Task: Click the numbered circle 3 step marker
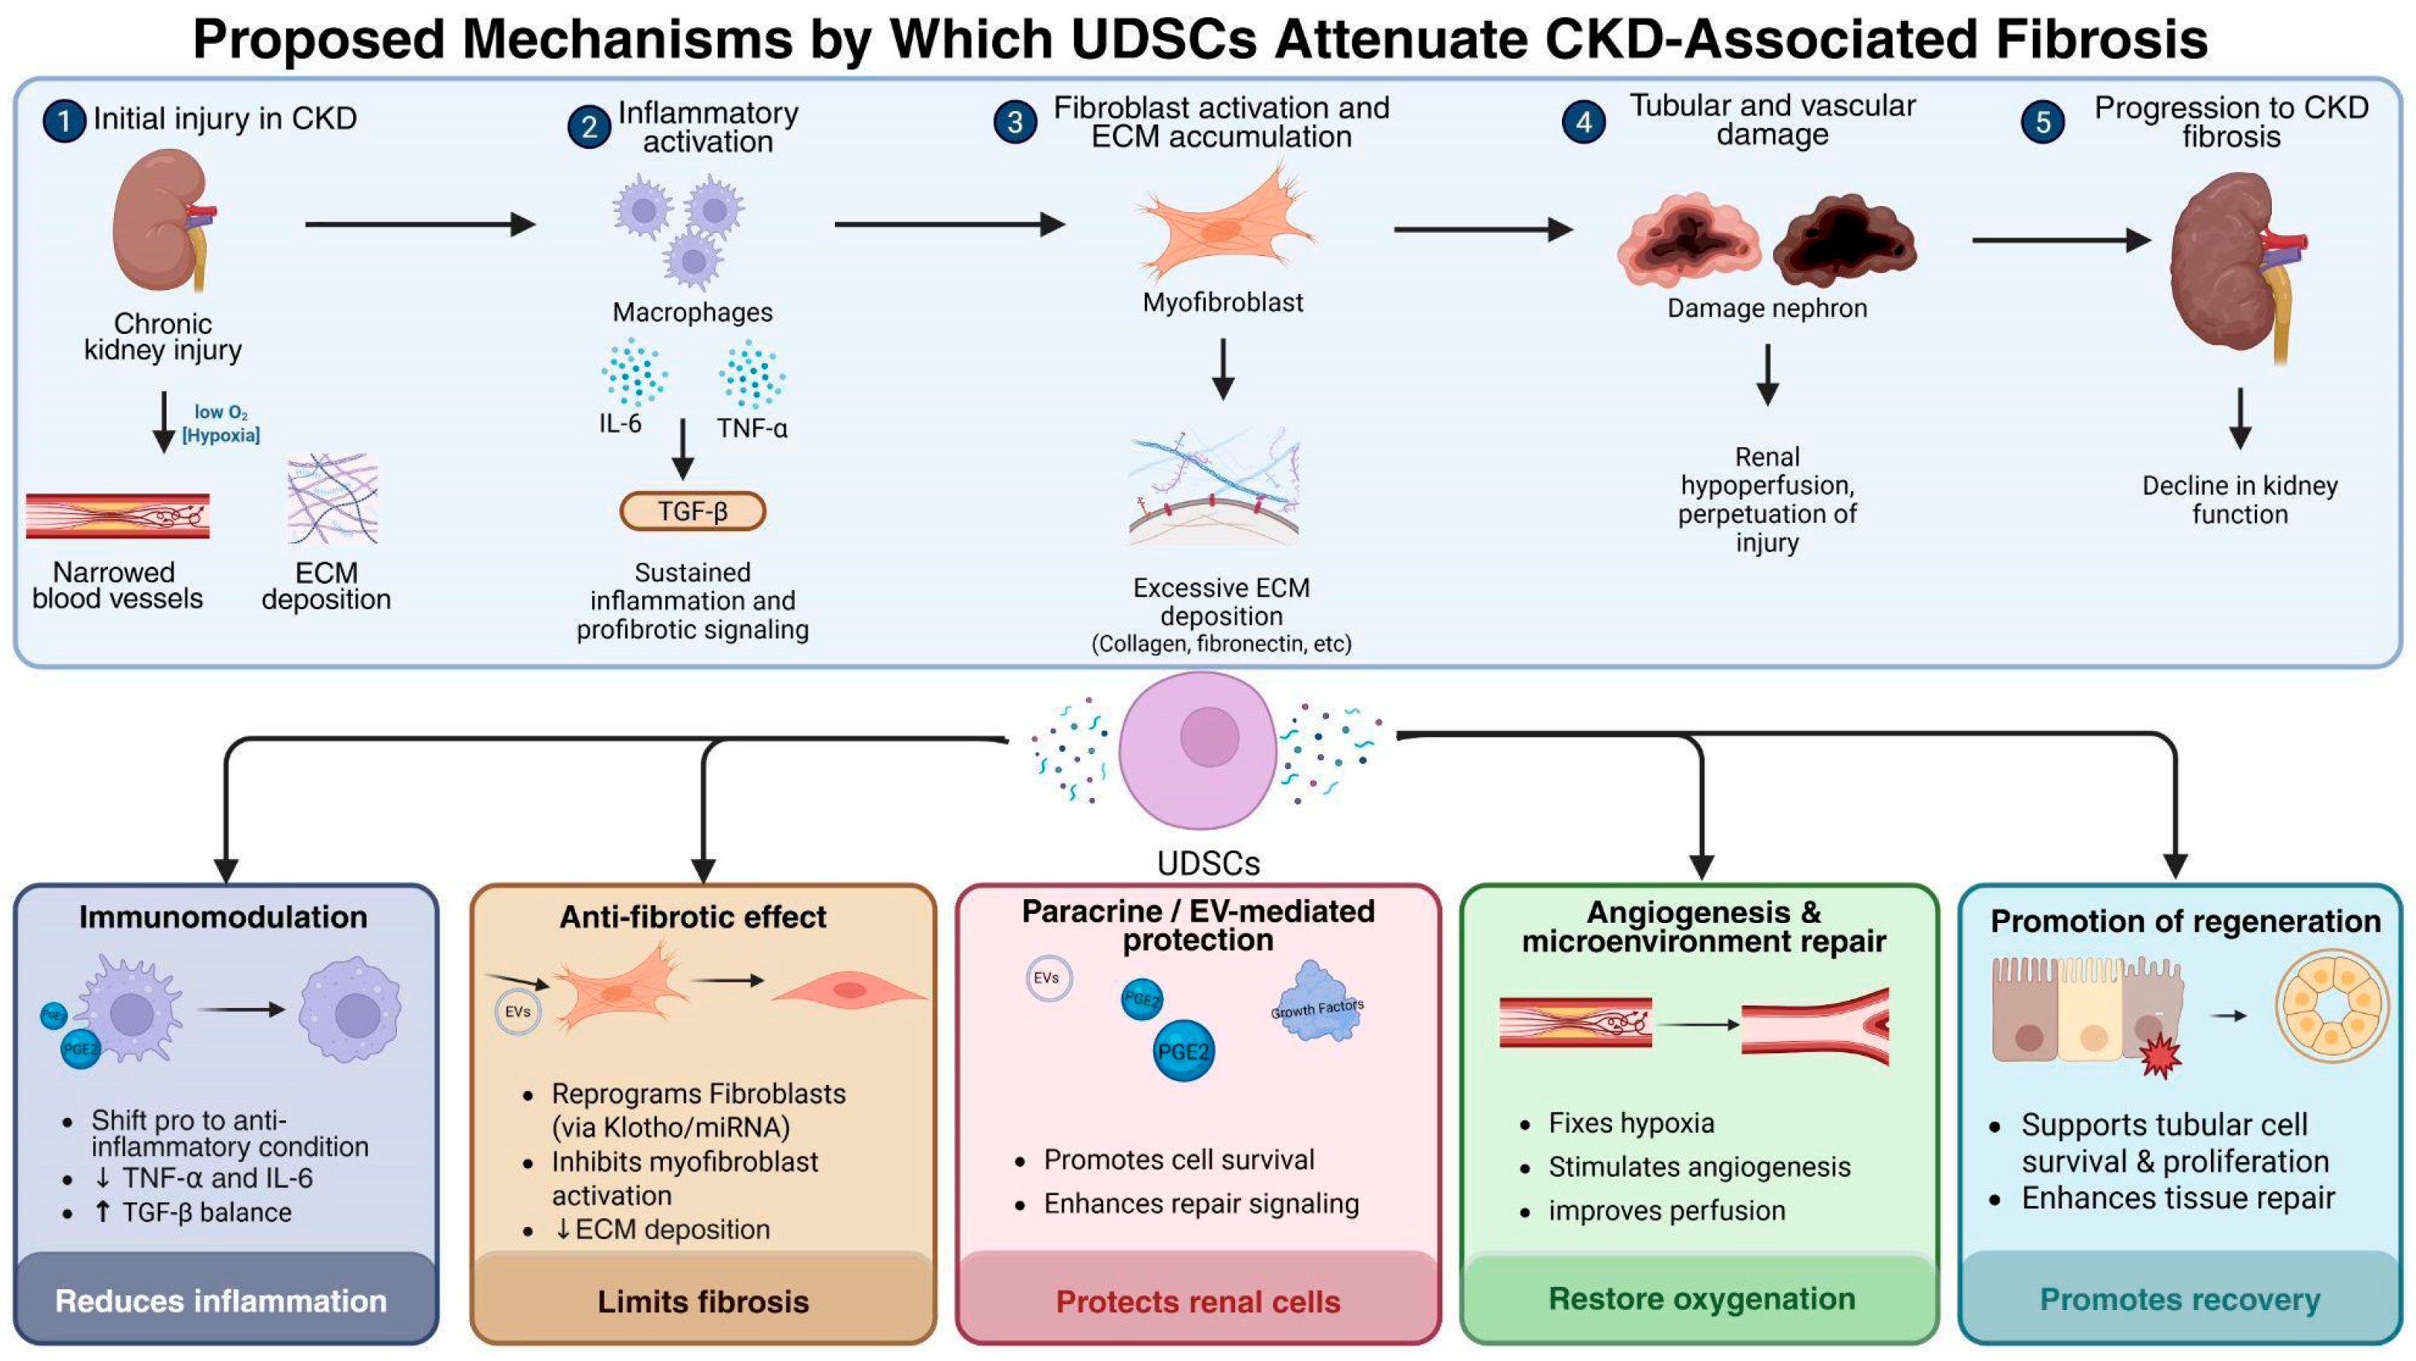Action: pos(1015,122)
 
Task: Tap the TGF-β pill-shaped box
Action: pos(692,511)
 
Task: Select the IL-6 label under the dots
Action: pos(620,424)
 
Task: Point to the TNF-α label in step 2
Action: pos(752,429)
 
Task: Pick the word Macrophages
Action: pos(692,312)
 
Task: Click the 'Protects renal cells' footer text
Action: pos(1198,1302)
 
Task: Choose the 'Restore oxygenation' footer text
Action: pos(1701,1299)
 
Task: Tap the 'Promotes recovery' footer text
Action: pos(2179,1300)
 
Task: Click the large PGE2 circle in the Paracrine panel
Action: pos(1183,1050)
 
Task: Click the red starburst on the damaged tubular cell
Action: pos(2160,1054)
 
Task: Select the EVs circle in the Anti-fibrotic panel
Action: pos(518,1012)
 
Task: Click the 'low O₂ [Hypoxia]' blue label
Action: pos(221,424)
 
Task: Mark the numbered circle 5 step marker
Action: pos(2043,122)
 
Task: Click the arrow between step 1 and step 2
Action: pos(420,224)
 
